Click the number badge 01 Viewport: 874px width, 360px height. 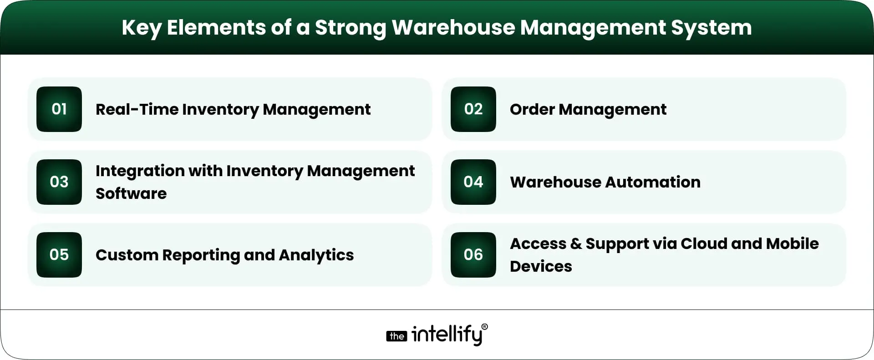point(59,109)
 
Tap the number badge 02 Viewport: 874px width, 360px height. point(473,109)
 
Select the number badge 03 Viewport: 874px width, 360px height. point(59,182)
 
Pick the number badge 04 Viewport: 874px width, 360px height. point(473,182)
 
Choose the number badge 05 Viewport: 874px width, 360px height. point(59,255)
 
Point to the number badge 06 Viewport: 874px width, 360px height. point(473,255)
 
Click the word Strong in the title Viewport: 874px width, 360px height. point(350,28)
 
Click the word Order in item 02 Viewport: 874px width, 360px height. point(532,110)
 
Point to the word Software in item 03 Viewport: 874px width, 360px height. point(131,194)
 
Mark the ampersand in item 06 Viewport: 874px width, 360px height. point(576,244)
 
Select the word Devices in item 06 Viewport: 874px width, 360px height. point(541,267)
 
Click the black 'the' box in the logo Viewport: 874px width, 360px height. point(396,336)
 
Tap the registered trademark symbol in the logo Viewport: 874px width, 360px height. point(484,327)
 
